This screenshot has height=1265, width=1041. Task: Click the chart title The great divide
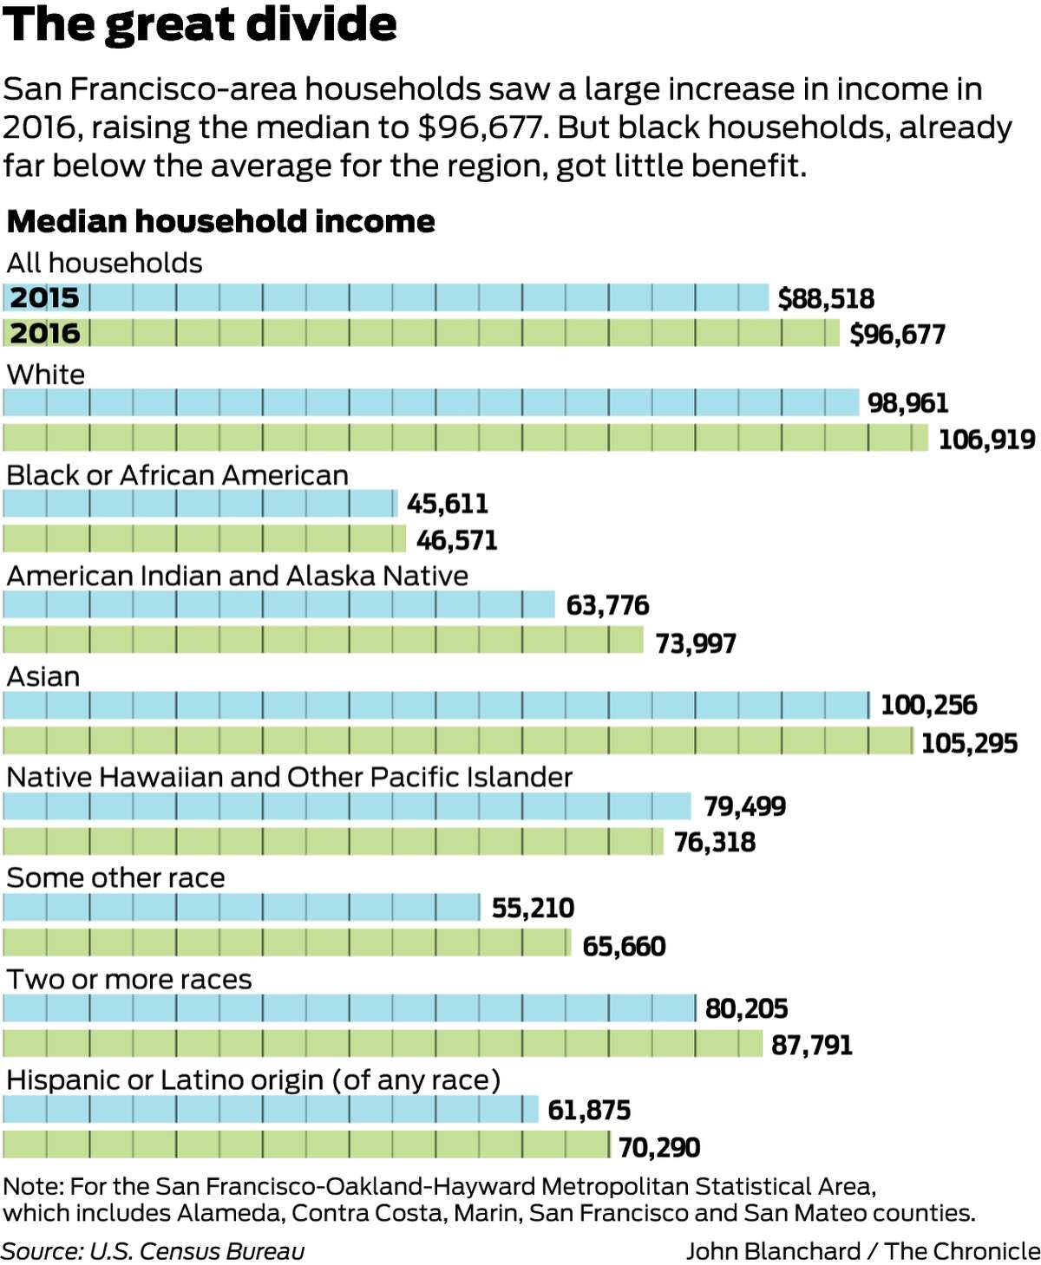pyautogui.click(x=200, y=24)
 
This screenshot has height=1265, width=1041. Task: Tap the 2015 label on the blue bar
pyautogui.click(x=45, y=298)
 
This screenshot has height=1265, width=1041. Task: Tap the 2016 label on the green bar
pyautogui.click(x=45, y=334)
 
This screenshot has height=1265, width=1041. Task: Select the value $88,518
pyautogui.click(x=826, y=299)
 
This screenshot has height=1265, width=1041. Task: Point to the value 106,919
pyautogui.click(x=986, y=440)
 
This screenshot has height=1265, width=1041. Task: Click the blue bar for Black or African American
pyautogui.click(x=200, y=504)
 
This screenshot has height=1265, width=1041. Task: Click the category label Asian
pyautogui.click(x=43, y=676)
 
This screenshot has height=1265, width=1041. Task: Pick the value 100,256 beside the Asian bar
pyautogui.click(x=928, y=706)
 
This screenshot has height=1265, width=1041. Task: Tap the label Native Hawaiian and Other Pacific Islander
pyautogui.click(x=289, y=777)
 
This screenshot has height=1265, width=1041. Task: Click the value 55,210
pyautogui.click(x=533, y=908)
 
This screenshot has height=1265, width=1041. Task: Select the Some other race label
pyautogui.click(x=115, y=878)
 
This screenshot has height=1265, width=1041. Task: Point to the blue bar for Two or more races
pyautogui.click(x=349, y=1008)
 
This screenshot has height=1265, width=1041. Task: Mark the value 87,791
pyautogui.click(x=812, y=1045)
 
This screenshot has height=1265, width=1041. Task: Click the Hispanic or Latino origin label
pyautogui.click(x=253, y=1080)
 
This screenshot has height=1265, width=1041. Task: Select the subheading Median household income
pyautogui.click(x=220, y=222)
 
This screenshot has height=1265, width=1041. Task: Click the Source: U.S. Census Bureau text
pyautogui.click(x=153, y=1251)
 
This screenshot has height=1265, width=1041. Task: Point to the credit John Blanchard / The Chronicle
pyautogui.click(x=862, y=1251)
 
